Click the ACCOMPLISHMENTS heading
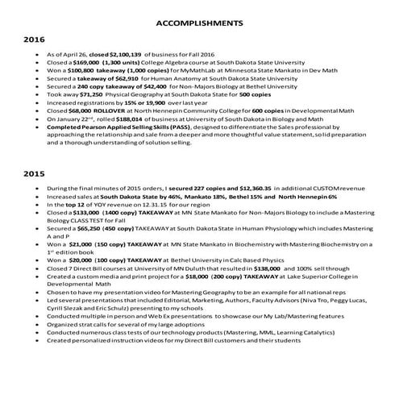click(x=200, y=23)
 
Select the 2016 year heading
click(x=34, y=39)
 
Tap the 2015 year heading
click(x=34, y=172)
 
